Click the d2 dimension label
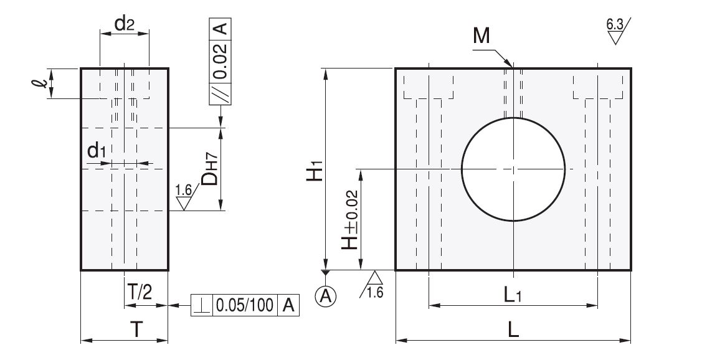coord(125,26)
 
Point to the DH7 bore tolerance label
coord(211,169)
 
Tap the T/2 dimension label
coord(139,291)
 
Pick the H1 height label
coord(315,170)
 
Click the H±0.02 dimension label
coord(350,220)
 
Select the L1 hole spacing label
coord(513,295)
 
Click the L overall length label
coord(513,331)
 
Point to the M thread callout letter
coord(481,37)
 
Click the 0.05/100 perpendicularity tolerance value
coord(244,305)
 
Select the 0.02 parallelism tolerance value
coord(222,62)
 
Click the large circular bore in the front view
coord(513,169)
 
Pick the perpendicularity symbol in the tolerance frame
coord(202,305)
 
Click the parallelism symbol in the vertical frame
coord(222,93)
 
